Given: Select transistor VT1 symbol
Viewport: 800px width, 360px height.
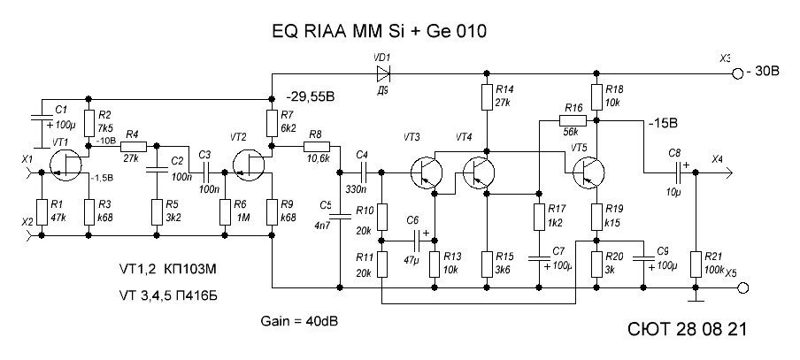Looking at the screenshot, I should tap(65, 165).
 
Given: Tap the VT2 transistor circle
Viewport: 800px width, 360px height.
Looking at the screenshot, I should tap(247, 165).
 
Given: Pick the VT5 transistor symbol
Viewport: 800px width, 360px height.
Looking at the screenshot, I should tap(587, 172).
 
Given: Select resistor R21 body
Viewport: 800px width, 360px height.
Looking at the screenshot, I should tap(696, 259).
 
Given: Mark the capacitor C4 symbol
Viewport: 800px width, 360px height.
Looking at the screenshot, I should tap(361, 172).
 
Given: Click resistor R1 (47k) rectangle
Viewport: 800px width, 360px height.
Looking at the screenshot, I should tap(40, 213).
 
